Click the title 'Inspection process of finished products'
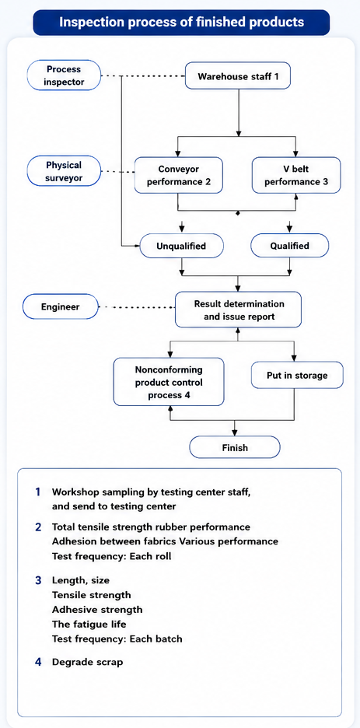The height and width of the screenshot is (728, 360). [x=181, y=23]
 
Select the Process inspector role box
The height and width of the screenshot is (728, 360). [x=64, y=75]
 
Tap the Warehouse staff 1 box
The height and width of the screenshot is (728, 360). [x=238, y=75]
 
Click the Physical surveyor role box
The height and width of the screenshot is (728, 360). [x=64, y=171]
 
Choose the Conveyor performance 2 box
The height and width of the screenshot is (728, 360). [x=179, y=175]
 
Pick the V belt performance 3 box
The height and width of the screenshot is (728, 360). [x=296, y=175]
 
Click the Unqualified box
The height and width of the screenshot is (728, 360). [x=181, y=246]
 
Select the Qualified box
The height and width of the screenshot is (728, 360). [x=289, y=246]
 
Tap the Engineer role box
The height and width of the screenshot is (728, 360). [x=61, y=307]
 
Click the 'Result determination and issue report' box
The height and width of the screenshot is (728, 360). [x=239, y=310]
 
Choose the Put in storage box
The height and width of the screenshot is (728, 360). [x=297, y=375]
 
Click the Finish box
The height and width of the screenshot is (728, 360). [x=235, y=448]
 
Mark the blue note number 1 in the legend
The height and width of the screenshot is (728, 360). [x=37, y=492]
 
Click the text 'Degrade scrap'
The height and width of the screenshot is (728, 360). [x=87, y=662]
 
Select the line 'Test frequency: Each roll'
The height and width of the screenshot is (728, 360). [x=111, y=555]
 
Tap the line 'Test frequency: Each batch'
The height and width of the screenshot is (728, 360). [x=117, y=639]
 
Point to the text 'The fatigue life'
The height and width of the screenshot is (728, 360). [x=89, y=624]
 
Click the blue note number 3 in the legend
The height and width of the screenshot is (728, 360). [x=38, y=579]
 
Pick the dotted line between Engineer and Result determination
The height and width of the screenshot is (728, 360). [x=137, y=307]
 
